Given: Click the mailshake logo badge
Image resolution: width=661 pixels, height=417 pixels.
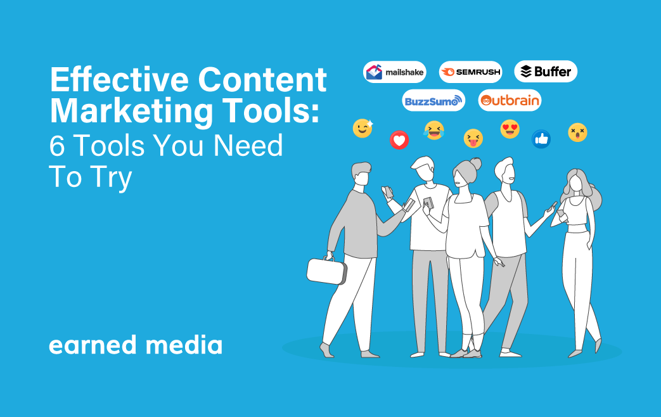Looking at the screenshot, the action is [x=395, y=72].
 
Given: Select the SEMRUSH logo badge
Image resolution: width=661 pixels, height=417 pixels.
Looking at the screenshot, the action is [x=470, y=72].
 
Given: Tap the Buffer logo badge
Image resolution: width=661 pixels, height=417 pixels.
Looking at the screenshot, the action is [x=546, y=71].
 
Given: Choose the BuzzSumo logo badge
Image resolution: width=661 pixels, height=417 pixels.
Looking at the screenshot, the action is [x=433, y=100].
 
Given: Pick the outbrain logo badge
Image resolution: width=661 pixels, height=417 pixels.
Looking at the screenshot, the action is [x=510, y=100].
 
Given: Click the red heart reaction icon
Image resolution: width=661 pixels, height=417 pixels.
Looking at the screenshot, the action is [x=399, y=140].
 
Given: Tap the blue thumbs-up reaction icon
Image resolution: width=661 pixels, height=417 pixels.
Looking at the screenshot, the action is [x=541, y=139].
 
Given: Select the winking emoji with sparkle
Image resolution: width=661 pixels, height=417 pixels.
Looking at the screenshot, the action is [x=363, y=128].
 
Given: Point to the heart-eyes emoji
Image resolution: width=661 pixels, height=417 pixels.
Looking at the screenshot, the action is [x=510, y=129].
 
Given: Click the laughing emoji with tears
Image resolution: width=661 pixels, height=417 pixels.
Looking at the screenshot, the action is [x=433, y=130].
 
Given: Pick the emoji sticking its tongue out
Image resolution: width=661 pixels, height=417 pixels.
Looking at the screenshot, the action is [x=473, y=138].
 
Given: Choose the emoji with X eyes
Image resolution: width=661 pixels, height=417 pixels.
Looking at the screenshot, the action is [x=577, y=132].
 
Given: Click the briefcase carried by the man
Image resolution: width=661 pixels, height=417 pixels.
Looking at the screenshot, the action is [x=327, y=270].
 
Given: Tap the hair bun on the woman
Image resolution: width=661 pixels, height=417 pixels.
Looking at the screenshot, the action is [x=476, y=163].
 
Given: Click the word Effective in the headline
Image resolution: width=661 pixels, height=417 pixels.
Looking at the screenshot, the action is [x=119, y=79].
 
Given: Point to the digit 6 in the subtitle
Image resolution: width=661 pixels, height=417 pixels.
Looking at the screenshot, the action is [x=57, y=146].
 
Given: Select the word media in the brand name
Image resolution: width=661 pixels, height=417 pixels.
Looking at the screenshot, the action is [x=184, y=344].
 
